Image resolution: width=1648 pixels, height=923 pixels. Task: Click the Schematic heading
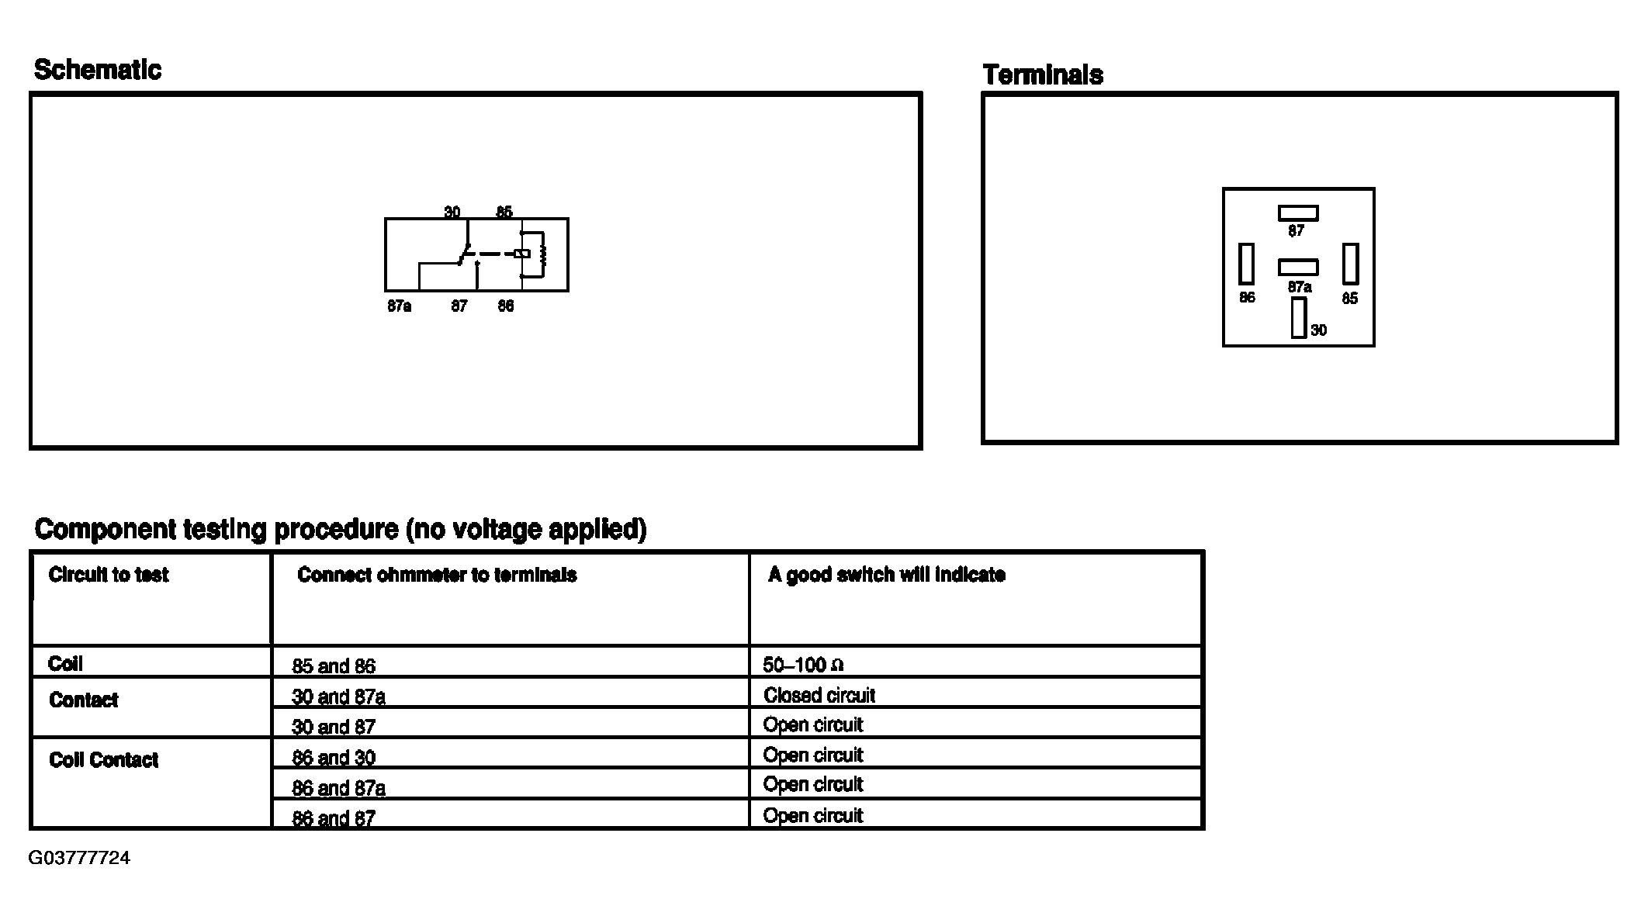(98, 70)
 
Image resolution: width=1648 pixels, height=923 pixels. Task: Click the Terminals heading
(1043, 75)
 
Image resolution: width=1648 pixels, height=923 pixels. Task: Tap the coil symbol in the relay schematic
(542, 254)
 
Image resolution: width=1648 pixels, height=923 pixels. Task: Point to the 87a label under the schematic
(399, 306)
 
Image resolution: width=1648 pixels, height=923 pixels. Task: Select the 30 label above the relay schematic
(452, 212)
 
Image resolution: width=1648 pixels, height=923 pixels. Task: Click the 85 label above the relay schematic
(504, 212)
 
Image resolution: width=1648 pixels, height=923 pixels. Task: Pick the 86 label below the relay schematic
(505, 306)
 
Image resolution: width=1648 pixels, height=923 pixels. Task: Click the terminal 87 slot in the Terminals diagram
(1298, 213)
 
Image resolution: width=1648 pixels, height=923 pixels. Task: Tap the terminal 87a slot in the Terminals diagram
(1298, 267)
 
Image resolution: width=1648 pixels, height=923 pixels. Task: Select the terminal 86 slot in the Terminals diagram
(1246, 264)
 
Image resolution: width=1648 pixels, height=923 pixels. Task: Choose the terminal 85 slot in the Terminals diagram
(1351, 264)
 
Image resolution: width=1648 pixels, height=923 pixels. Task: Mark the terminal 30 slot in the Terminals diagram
(1299, 318)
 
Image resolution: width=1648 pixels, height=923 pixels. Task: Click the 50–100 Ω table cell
(803, 665)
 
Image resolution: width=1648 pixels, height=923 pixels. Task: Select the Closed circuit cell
(819, 695)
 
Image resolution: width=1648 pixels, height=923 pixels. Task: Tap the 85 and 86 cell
(334, 666)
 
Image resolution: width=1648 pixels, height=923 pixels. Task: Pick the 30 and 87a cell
(338, 697)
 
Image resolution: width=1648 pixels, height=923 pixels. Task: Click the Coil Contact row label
(103, 760)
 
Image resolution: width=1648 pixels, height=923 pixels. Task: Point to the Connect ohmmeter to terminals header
(437, 575)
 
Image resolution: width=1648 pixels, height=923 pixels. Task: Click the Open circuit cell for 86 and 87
(813, 815)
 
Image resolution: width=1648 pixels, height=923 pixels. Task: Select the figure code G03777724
(79, 858)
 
